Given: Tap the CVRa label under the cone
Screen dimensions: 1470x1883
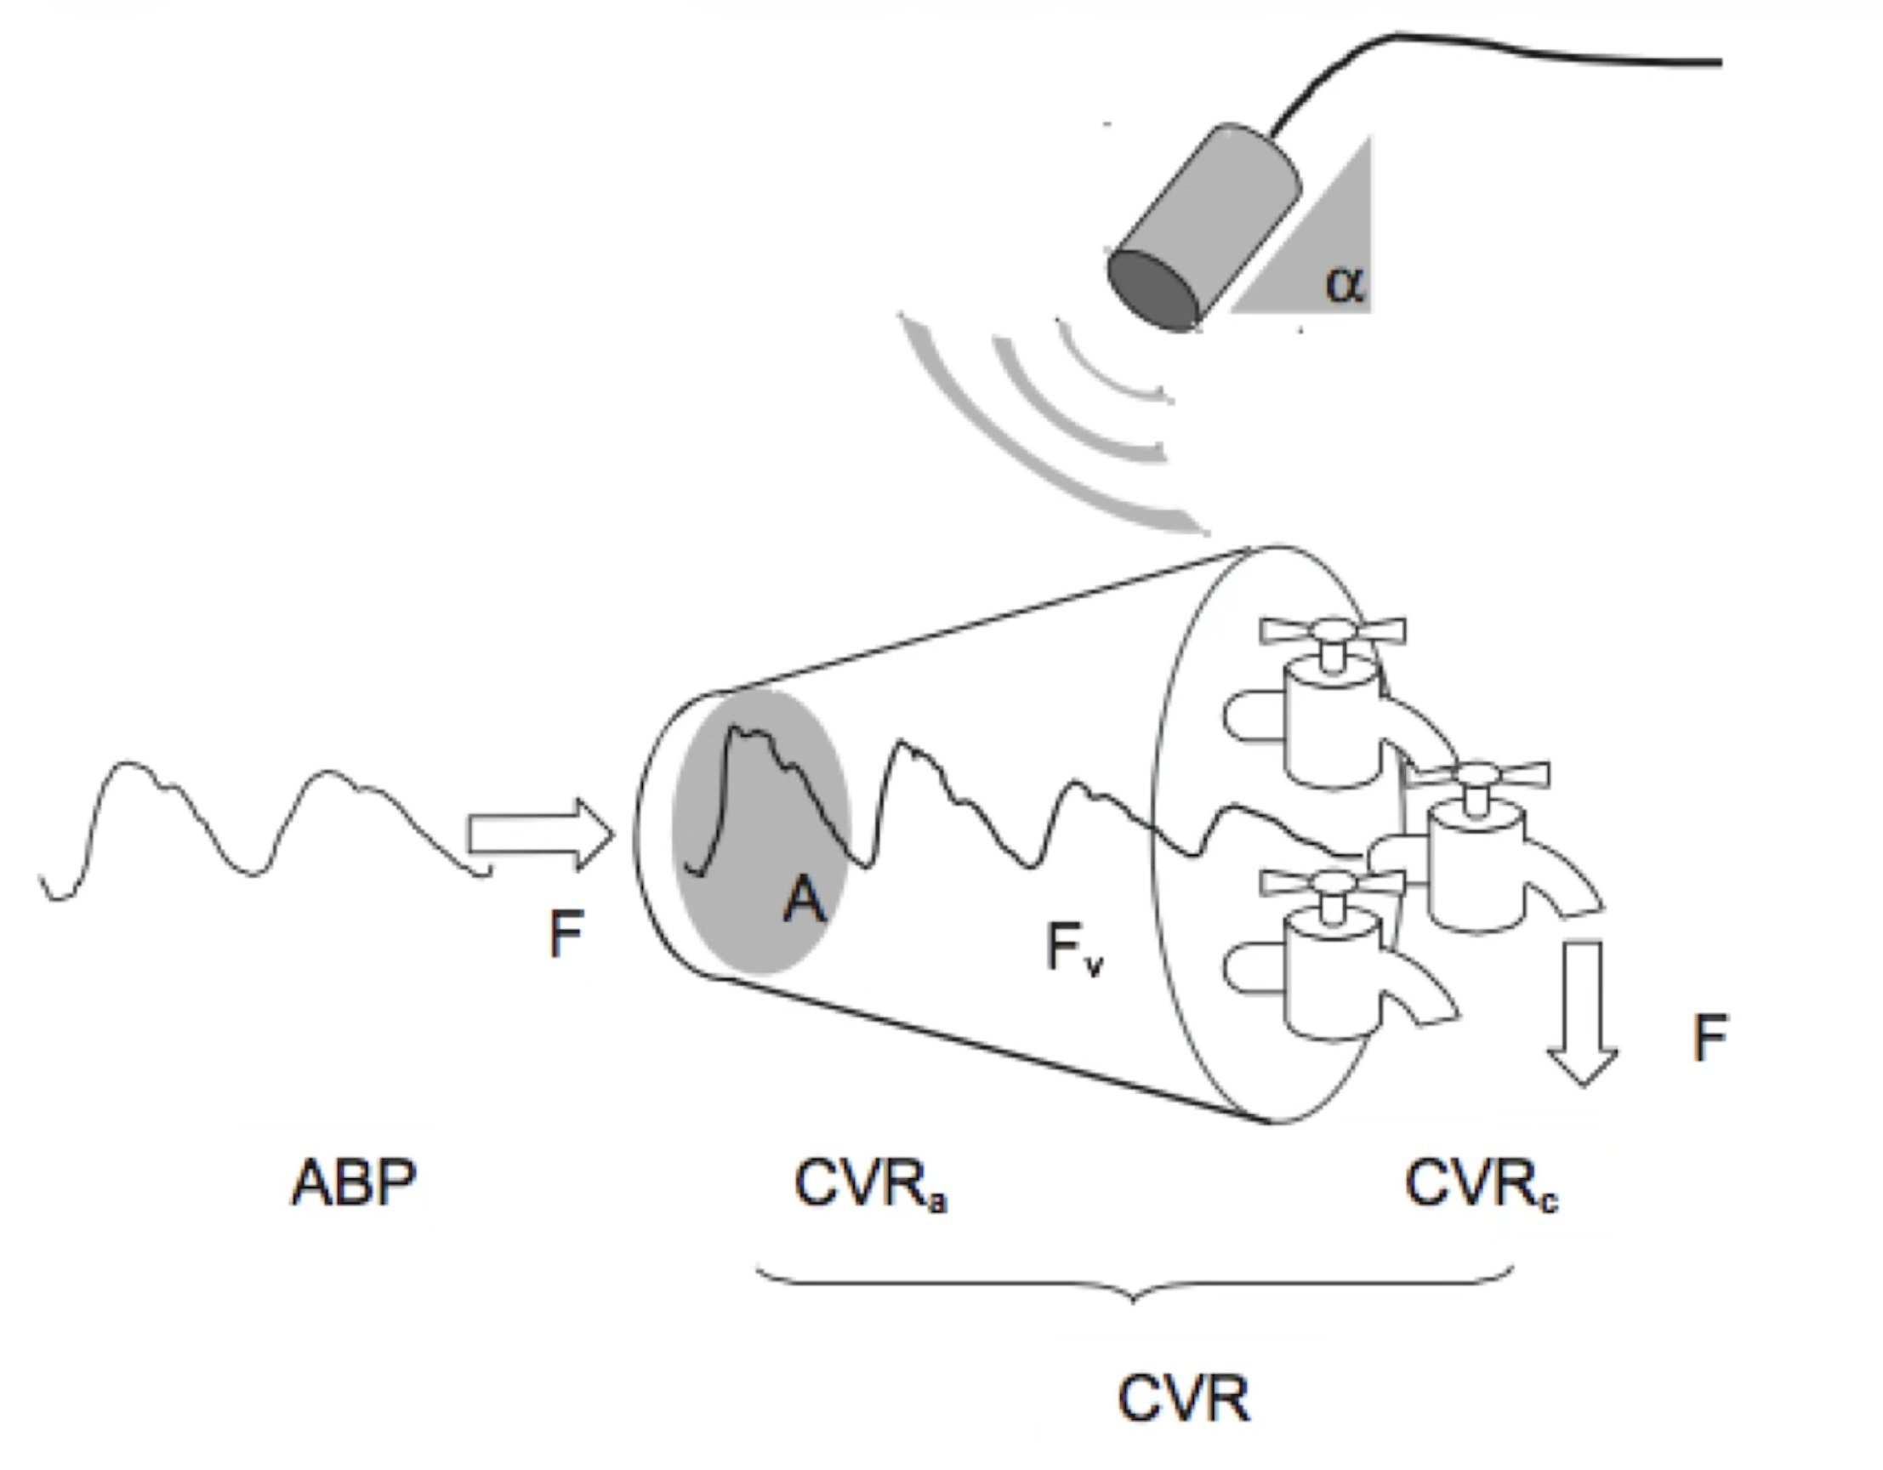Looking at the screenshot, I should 869,1184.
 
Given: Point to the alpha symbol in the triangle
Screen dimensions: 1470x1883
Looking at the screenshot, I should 1344,283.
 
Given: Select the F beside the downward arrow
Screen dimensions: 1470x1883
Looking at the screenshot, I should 1709,1038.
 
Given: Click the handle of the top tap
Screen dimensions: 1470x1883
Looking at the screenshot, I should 1332,631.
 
